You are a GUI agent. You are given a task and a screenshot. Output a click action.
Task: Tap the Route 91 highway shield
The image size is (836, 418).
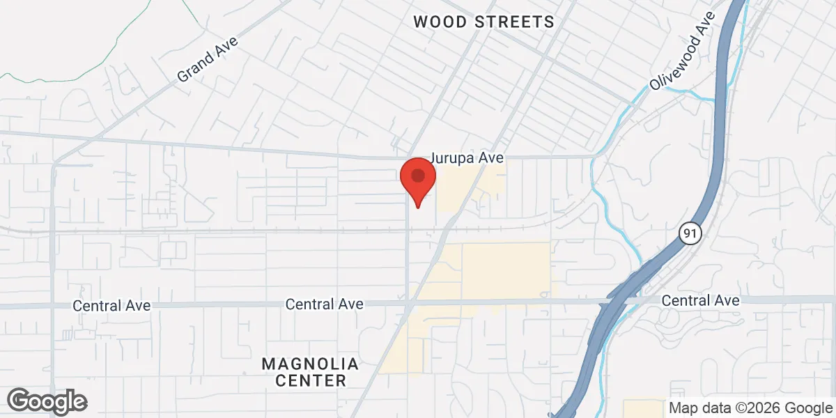[x=689, y=233]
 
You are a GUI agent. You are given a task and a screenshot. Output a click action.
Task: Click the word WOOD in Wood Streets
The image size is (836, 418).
[x=442, y=22]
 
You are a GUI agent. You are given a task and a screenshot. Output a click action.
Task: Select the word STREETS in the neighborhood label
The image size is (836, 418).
[x=515, y=22]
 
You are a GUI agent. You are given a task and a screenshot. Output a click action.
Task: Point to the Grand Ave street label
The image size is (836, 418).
[x=207, y=59]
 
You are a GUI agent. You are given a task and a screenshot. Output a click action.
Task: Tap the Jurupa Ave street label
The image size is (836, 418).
[x=467, y=159]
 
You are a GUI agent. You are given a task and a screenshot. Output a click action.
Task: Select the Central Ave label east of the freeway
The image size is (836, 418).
[x=700, y=300]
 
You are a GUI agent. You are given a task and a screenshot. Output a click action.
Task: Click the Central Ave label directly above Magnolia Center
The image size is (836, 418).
[x=325, y=304]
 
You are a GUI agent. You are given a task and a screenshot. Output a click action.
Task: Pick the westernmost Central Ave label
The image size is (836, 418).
[x=111, y=305]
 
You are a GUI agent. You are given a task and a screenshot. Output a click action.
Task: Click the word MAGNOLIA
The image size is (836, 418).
[x=310, y=364]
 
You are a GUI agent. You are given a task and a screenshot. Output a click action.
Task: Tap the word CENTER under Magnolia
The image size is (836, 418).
[x=311, y=380]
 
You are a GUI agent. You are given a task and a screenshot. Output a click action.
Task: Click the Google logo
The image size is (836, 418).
[x=47, y=401]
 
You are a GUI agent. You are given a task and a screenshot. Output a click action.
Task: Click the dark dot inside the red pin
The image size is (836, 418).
[x=417, y=174]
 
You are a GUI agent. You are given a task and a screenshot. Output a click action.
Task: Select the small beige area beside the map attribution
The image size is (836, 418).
[x=644, y=408]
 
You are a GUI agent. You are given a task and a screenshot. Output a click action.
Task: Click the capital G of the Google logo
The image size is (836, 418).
[x=19, y=401]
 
